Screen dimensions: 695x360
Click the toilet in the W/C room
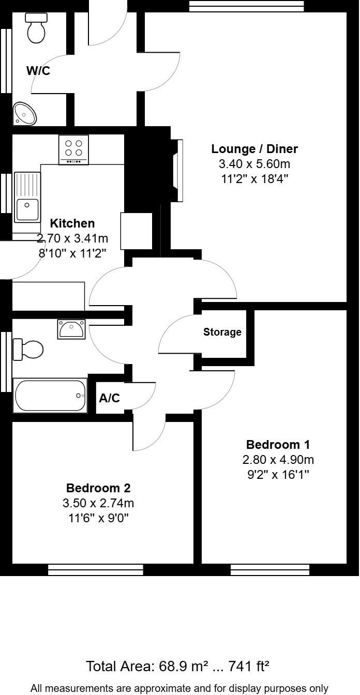(37, 28)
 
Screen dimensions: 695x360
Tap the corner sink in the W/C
(24, 113)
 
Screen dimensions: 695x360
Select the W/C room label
(38, 71)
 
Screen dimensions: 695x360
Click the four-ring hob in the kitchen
(73, 149)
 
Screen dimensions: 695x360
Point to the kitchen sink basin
(27, 209)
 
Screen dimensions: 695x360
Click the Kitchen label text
(72, 223)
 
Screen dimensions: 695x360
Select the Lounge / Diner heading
(254, 149)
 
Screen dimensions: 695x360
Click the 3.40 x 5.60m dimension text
(254, 164)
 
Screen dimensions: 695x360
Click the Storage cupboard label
(222, 332)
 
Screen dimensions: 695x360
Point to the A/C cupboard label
(109, 398)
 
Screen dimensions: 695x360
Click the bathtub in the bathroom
(51, 396)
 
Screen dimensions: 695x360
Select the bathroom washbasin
(72, 329)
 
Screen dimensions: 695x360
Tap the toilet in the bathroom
(28, 349)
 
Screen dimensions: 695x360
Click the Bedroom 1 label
(278, 445)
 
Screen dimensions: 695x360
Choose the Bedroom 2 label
(98, 488)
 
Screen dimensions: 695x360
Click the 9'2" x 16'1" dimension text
(278, 474)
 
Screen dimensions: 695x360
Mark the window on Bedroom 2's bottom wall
(96, 570)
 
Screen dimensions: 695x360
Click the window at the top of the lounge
(246, 6)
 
